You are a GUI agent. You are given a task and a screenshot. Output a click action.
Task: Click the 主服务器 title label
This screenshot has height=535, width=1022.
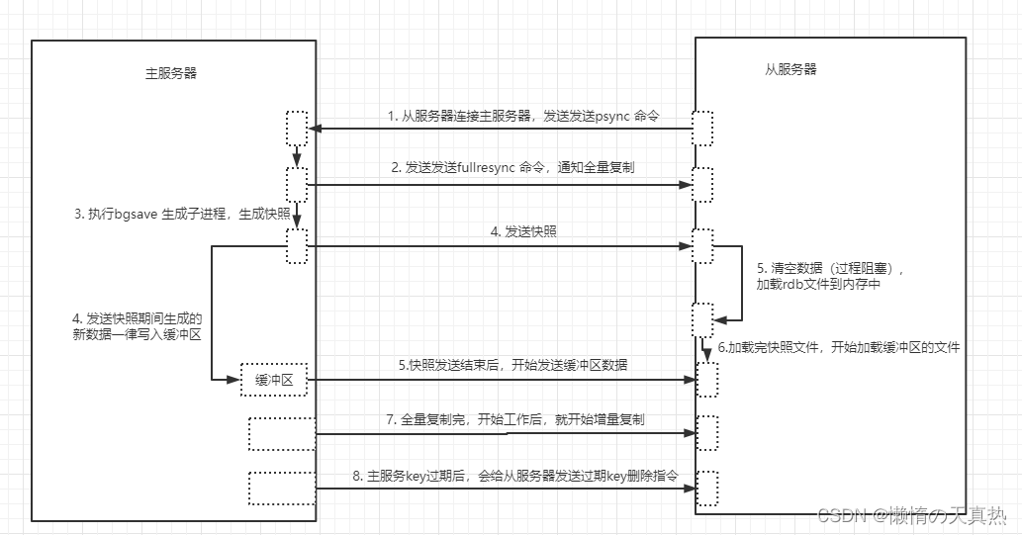171,73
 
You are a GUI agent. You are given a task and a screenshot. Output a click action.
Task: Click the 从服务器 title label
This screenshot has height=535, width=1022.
790,69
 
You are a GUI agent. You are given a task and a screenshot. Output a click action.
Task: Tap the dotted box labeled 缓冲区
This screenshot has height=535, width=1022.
274,380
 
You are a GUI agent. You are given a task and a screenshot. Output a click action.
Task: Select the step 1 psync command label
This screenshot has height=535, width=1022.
523,116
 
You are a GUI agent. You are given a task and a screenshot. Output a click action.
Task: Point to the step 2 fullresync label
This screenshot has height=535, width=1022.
512,167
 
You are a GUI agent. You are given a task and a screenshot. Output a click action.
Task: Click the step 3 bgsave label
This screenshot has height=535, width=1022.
182,214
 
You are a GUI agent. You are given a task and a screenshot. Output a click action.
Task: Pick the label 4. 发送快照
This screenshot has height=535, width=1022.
523,231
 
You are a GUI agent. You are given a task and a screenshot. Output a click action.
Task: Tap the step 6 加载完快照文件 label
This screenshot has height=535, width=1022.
839,347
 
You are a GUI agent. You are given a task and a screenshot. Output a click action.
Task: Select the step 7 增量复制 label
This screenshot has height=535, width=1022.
514,419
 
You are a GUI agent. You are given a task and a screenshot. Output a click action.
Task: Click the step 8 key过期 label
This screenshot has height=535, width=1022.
514,476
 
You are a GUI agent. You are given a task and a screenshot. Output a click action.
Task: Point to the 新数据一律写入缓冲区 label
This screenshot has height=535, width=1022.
137,327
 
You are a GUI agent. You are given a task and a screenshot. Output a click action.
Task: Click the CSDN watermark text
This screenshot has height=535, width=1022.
912,515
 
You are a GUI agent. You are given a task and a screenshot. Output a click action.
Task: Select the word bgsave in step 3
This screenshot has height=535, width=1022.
137,215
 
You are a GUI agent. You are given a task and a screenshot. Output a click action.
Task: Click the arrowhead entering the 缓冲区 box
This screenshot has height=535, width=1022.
234,380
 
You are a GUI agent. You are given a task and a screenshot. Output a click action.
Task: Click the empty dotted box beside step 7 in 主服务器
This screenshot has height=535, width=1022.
282,434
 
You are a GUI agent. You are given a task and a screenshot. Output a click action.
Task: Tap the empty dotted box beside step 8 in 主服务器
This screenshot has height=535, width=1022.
282,489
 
